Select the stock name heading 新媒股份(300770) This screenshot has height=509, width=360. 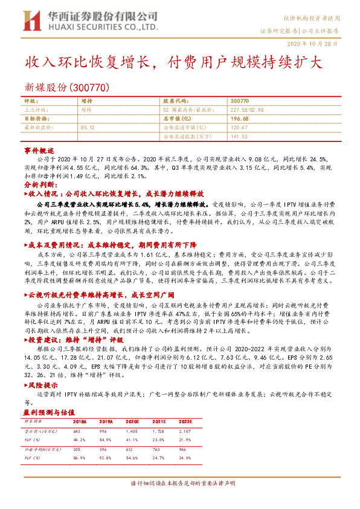coord(66,88)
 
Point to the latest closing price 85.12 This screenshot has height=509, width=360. coord(87,128)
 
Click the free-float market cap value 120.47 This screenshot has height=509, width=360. coord(240,128)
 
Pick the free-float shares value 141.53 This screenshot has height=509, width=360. coord(240,137)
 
